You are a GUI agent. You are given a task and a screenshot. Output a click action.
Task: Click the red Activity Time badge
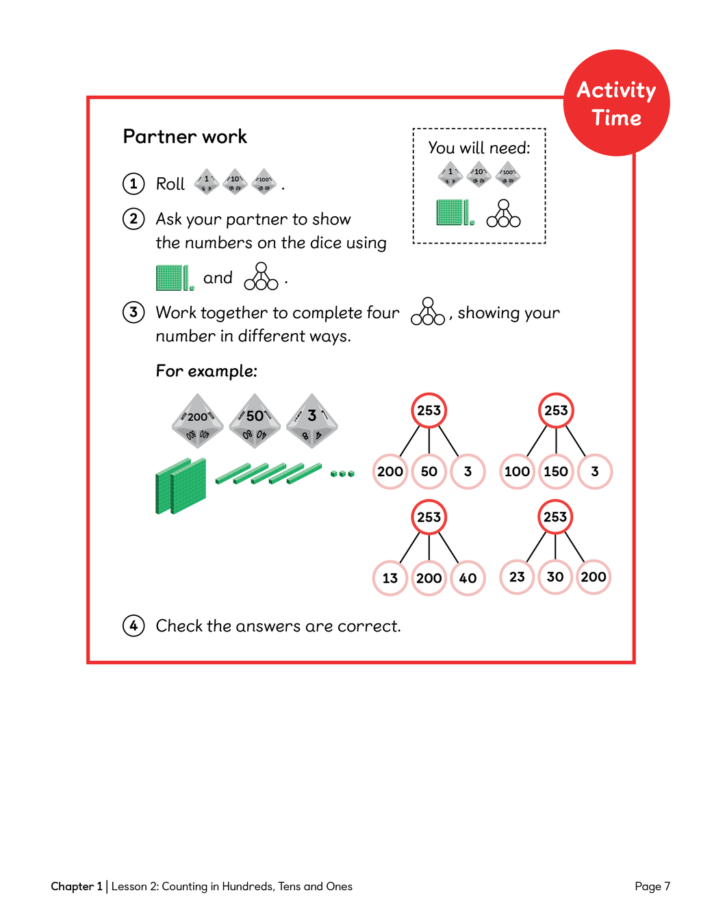(x=616, y=103)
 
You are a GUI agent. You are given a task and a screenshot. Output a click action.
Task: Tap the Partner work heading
(x=185, y=137)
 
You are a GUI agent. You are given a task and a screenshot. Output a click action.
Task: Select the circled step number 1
(x=133, y=183)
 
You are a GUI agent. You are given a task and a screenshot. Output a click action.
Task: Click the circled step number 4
(x=133, y=625)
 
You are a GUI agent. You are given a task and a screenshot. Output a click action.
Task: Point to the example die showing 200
(x=198, y=420)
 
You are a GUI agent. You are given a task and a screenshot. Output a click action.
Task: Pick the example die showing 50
(x=255, y=420)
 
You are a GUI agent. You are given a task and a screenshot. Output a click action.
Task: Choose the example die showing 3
(x=312, y=420)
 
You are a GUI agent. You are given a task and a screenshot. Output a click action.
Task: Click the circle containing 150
(x=556, y=471)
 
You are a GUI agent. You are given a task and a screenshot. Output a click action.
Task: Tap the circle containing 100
(x=517, y=471)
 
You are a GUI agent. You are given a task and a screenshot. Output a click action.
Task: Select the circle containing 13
(x=390, y=578)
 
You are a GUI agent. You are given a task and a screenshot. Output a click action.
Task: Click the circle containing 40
(x=468, y=578)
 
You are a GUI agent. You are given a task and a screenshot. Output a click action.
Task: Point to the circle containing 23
(x=517, y=577)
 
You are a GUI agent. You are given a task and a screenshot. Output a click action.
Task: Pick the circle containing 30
(x=555, y=577)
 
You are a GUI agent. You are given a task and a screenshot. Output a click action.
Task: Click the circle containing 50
(x=429, y=471)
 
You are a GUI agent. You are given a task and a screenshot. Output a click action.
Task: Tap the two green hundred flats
(x=181, y=486)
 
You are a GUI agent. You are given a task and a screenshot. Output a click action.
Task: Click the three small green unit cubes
(x=342, y=473)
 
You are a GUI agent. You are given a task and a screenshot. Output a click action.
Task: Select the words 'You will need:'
(x=479, y=148)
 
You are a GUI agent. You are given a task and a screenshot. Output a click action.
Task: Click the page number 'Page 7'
(x=652, y=886)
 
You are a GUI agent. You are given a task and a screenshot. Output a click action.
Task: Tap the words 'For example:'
(x=207, y=371)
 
